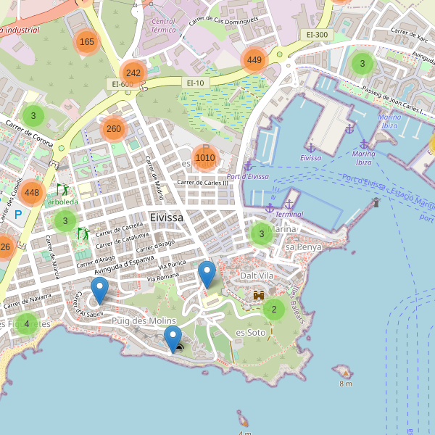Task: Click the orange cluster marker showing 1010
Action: point(205,157)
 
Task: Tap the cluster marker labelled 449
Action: point(254,59)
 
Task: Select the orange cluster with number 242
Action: point(133,72)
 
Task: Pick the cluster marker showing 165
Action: point(87,41)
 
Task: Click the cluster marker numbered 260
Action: point(114,129)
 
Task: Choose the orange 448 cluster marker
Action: point(31,193)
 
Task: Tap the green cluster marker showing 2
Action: point(273,310)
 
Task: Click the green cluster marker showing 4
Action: point(27,323)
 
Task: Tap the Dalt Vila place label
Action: point(257,275)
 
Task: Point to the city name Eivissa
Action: point(167,217)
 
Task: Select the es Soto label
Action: point(251,332)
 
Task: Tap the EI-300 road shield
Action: point(317,34)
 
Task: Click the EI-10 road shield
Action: point(196,83)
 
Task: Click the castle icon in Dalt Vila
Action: point(258,295)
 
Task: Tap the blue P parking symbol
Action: point(18,215)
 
